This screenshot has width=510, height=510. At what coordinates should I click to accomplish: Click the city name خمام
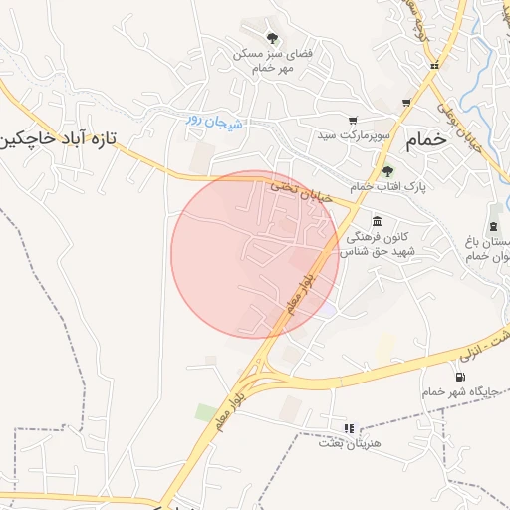coord(428,140)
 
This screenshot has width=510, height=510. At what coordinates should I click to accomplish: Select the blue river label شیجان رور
coord(213,121)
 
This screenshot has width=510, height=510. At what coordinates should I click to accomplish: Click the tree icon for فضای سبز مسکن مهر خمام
coord(272,38)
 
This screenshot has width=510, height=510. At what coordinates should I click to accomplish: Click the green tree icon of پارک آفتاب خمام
coord(387,170)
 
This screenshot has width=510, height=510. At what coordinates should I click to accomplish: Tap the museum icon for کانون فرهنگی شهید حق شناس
coord(377,221)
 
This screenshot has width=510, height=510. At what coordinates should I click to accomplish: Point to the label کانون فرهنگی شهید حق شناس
coord(377,245)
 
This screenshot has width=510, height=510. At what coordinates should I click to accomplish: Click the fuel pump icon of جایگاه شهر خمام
coord(459,377)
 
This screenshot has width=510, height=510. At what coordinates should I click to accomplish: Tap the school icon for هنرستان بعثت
coord(349,428)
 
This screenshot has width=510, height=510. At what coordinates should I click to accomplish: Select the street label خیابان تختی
coord(298,186)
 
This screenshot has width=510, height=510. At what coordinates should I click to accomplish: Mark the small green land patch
coord(206,411)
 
